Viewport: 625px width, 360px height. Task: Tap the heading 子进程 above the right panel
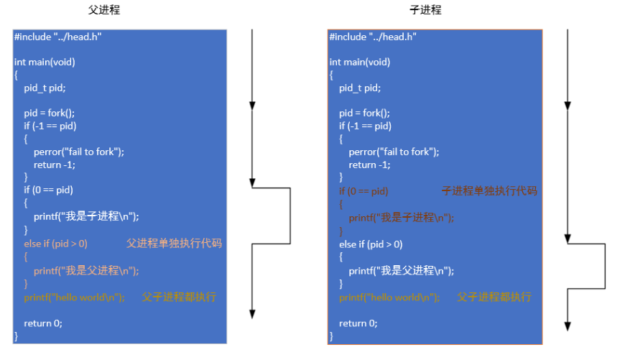[x=426, y=10]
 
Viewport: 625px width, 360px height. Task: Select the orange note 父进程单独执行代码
[x=175, y=244]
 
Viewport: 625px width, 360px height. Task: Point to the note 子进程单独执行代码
[x=489, y=191]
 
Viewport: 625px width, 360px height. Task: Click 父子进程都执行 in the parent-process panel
[x=179, y=297]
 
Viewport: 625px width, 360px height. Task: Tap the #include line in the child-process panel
[x=373, y=36]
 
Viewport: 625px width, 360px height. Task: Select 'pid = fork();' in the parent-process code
[x=50, y=113]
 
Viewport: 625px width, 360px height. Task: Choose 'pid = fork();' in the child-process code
[x=364, y=113]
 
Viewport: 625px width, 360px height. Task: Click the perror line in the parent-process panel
[x=78, y=152]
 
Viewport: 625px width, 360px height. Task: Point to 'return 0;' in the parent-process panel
[x=43, y=323]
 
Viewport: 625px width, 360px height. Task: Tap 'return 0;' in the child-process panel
[x=358, y=323]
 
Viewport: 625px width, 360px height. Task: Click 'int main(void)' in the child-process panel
[x=360, y=62]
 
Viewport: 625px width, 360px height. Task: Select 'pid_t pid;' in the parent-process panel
[x=45, y=88]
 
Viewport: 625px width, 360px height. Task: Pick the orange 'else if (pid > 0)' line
[x=55, y=244]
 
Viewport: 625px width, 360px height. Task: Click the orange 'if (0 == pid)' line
[x=364, y=191]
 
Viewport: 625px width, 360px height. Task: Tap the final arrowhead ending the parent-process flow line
[x=252, y=314]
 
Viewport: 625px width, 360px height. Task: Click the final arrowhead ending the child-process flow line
[x=568, y=326]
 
